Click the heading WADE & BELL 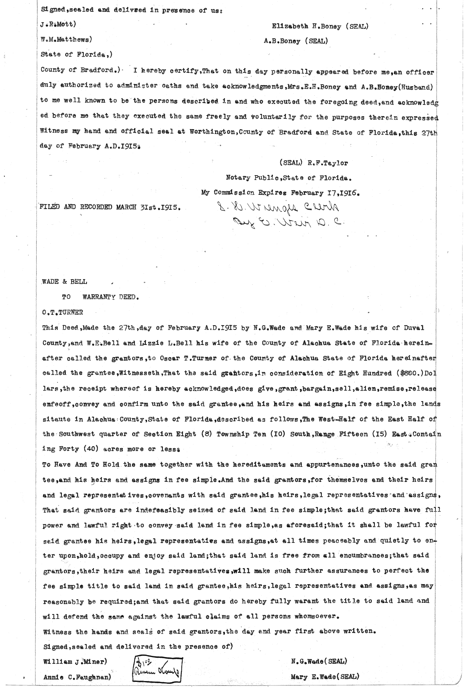(x=65, y=281)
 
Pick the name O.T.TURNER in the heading (x=63, y=313)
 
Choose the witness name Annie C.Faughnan (x=76, y=677)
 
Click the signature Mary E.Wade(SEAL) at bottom (x=325, y=677)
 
